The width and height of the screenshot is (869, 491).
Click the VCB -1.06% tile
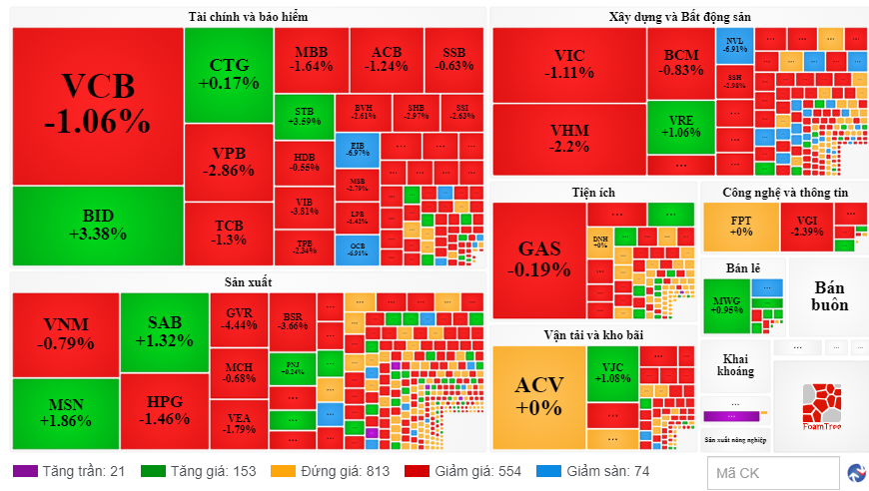[97, 105]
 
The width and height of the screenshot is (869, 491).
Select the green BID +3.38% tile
[97, 225]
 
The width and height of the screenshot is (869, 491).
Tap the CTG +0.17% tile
[229, 74]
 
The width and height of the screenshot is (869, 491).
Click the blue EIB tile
[357, 149]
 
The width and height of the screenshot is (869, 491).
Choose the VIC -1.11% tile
[568, 64]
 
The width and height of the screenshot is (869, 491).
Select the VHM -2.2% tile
[568, 139]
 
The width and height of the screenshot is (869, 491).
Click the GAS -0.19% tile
[538, 258]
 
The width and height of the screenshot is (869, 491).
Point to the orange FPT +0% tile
[740, 227]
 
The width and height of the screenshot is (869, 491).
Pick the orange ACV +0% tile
[538, 395]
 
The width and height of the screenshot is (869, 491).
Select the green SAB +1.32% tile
[164, 331]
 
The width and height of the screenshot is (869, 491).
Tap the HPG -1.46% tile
[164, 410]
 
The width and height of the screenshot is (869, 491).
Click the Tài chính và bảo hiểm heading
[249, 17]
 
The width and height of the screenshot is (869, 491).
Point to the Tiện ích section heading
[592, 192]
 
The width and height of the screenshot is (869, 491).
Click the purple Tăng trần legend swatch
[24, 471]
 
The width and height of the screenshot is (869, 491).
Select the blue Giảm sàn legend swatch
[547, 471]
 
